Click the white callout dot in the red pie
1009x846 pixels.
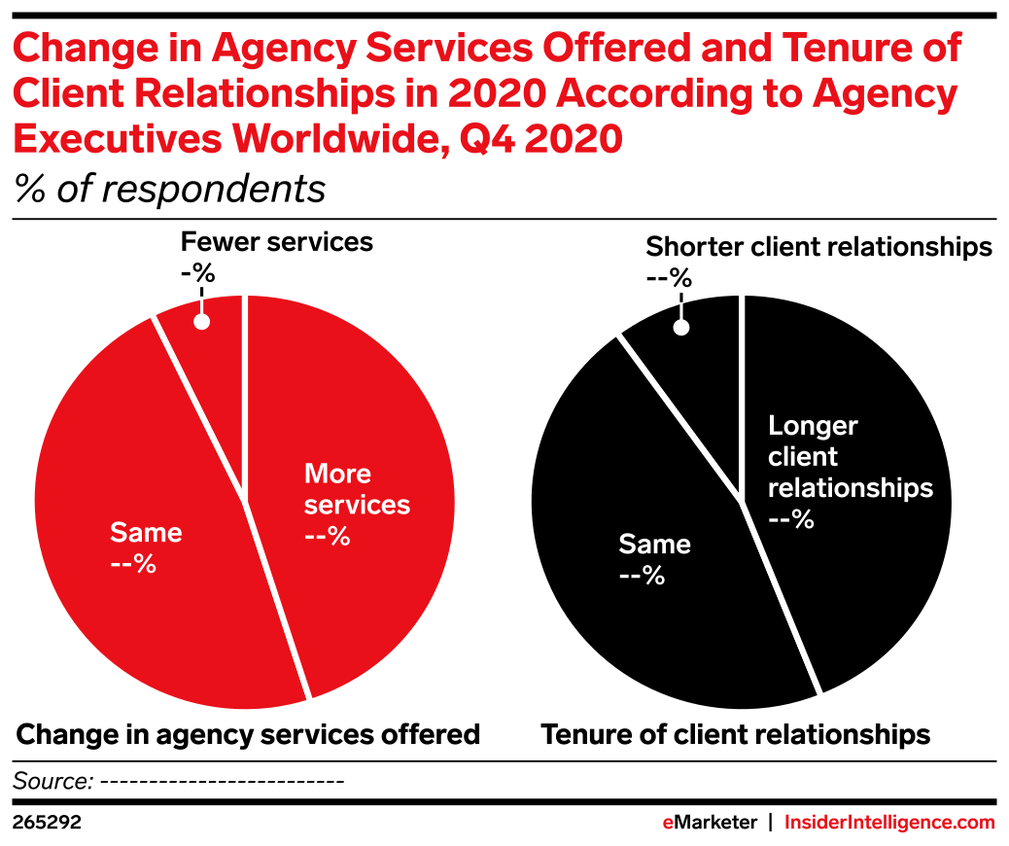(x=202, y=321)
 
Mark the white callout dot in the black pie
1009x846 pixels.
(x=681, y=328)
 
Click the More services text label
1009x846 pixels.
(x=357, y=489)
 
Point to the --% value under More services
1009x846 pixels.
(x=328, y=536)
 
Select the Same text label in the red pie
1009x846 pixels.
(x=146, y=532)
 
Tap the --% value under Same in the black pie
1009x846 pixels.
(x=642, y=575)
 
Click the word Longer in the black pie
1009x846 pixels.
(x=813, y=426)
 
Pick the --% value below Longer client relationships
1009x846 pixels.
(x=791, y=519)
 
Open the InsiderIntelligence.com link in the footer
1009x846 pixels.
(x=889, y=823)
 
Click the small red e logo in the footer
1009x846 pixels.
(x=668, y=823)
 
